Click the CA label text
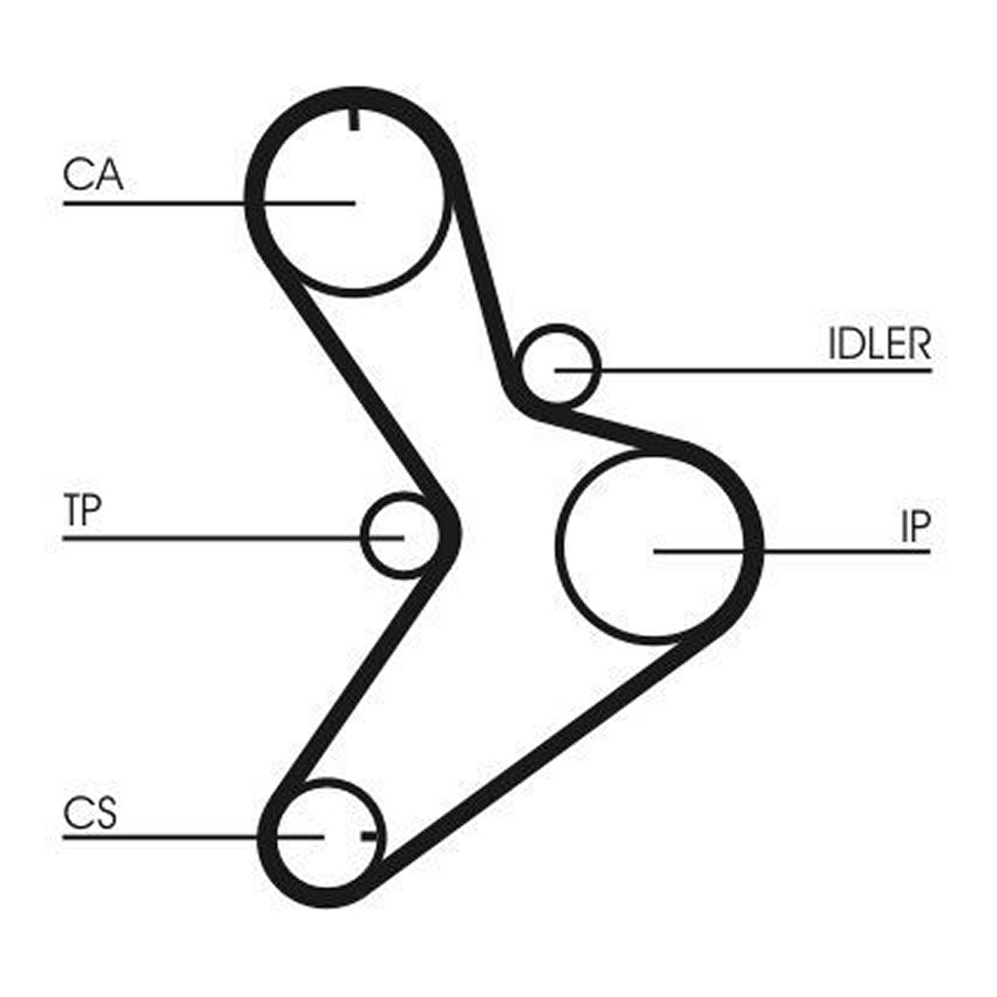tap(93, 174)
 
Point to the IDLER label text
tap(880, 343)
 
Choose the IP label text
tap(916, 526)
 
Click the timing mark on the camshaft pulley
tap(355, 120)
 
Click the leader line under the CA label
tap(209, 204)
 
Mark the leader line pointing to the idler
tap(744, 371)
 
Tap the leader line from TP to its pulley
tap(233, 538)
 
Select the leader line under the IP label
tap(793, 552)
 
